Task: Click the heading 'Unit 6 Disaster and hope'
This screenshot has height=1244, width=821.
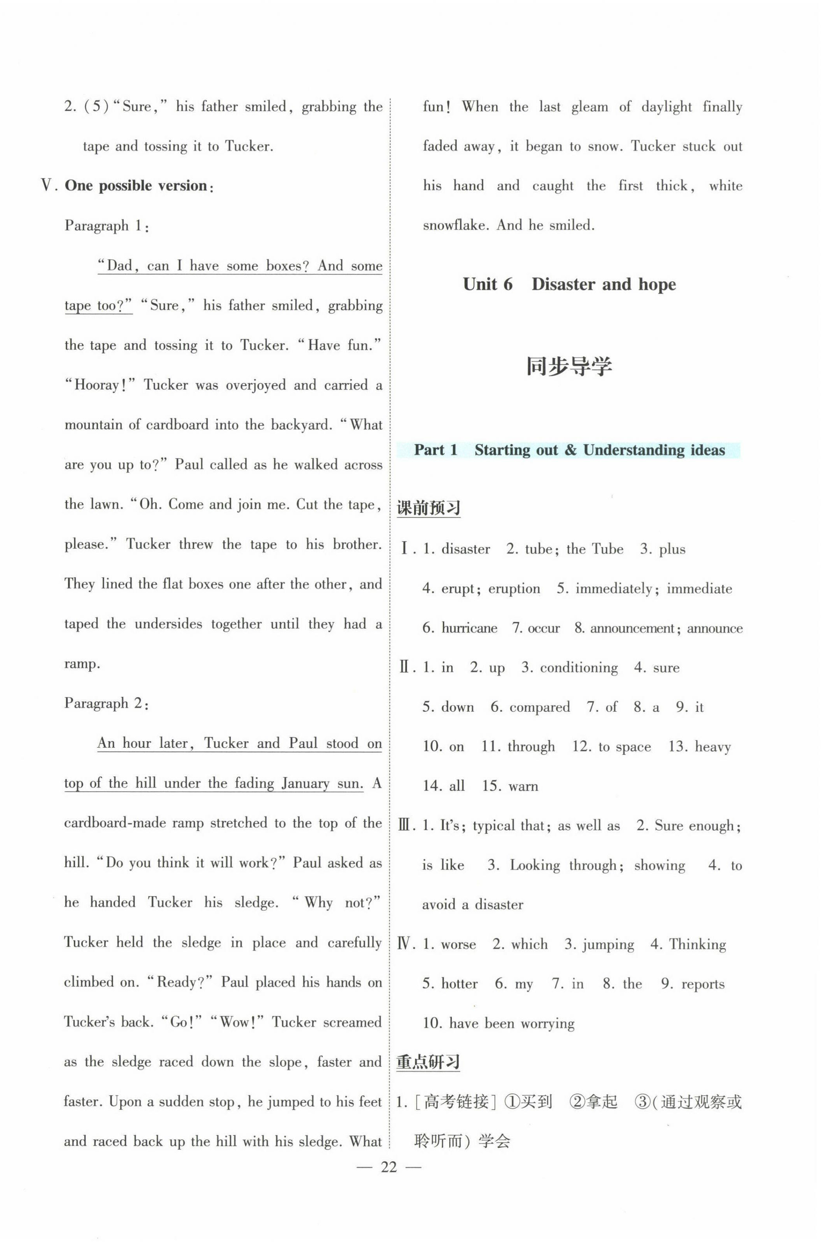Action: pyautogui.click(x=569, y=284)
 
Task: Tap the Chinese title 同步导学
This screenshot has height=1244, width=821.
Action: pyautogui.click(x=569, y=366)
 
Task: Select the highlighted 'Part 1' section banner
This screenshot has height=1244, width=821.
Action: pyautogui.click(x=569, y=450)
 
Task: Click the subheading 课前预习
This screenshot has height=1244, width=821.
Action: pyautogui.click(x=428, y=508)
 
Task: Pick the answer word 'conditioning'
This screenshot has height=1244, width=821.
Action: pyautogui.click(x=579, y=668)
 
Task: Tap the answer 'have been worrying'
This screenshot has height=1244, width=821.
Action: pyautogui.click(x=512, y=1023)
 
